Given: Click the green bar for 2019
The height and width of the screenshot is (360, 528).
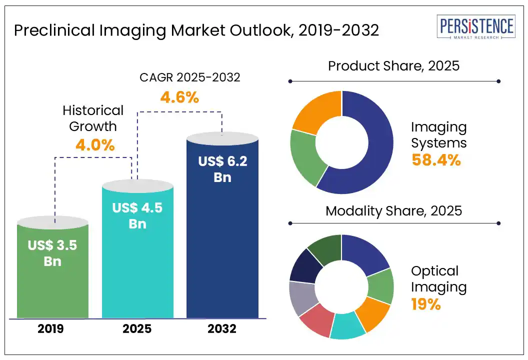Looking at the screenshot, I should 52,280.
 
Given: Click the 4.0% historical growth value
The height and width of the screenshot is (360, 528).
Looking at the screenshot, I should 95,145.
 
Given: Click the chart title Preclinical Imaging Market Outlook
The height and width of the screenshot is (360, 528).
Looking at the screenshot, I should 196,31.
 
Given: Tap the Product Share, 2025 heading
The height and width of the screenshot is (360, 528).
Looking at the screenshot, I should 393,66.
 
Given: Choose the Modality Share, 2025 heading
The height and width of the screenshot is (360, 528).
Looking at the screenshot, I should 393,210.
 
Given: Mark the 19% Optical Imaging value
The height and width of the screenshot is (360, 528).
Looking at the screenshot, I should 426,304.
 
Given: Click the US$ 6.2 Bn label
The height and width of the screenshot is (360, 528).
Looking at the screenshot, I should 222,168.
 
